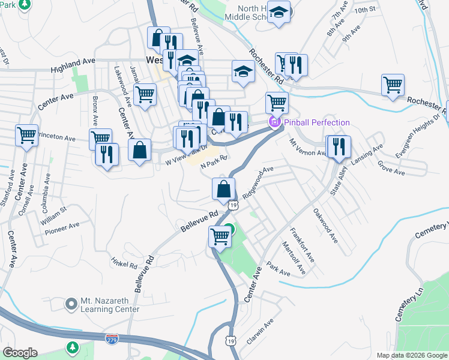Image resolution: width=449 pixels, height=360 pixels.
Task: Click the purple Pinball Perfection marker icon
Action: click(275, 123)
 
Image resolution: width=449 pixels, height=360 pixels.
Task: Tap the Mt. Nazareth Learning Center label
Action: click(110, 305)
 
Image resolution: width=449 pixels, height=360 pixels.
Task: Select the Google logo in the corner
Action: click(20, 353)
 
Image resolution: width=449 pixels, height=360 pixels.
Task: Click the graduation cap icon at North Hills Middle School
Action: click(279, 11)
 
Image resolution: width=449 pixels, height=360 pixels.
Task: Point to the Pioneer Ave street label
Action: click(62, 227)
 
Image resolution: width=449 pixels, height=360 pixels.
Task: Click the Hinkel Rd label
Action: click(124, 262)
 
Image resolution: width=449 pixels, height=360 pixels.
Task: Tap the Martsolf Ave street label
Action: click(294, 259)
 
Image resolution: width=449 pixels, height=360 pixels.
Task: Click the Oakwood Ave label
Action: click(325, 226)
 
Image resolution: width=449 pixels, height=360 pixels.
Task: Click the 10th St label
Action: click(364, 10)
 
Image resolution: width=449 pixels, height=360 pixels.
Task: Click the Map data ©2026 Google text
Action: click(411, 355)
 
